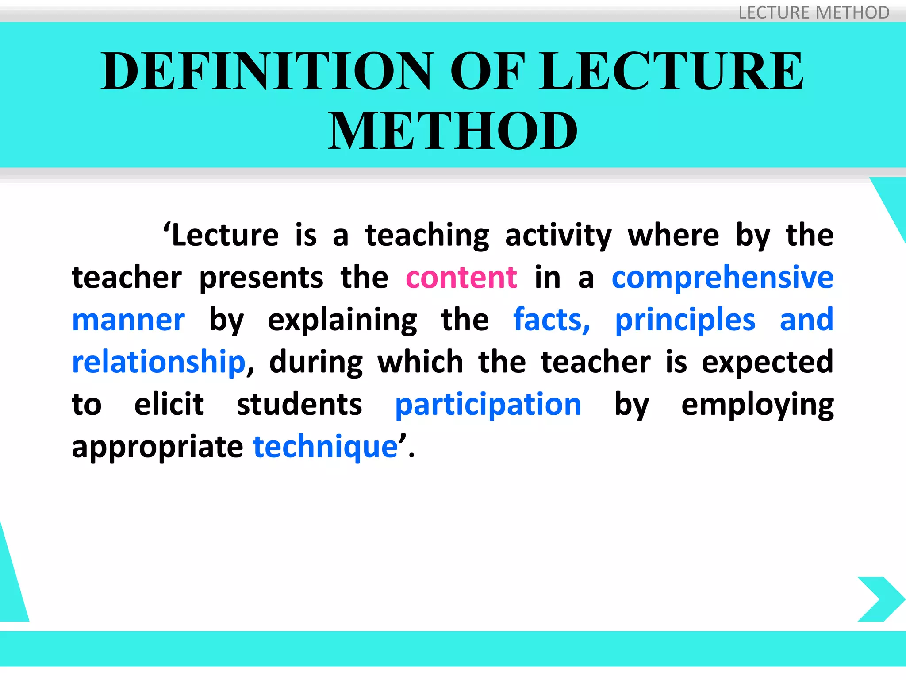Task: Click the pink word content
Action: click(x=461, y=278)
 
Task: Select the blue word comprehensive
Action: click(x=722, y=278)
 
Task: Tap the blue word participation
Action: click(x=488, y=405)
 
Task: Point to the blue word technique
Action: click(x=325, y=447)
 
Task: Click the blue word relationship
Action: click(x=158, y=362)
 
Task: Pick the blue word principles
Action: click(x=685, y=320)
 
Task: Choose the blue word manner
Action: click(x=128, y=320)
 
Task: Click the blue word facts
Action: click(x=551, y=320)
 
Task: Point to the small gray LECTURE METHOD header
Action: click(x=814, y=12)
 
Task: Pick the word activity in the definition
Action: click(x=558, y=236)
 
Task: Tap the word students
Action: click(x=299, y=405)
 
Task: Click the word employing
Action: click(x=757, y=405)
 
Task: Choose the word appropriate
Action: click(x=157, y=447)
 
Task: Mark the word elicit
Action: click(x=169, y=405)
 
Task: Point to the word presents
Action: click(x=261, y=278)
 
